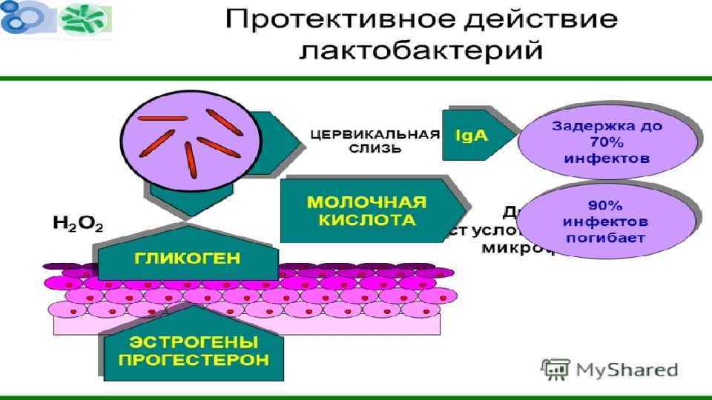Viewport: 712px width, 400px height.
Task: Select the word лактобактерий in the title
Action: click(421, 52)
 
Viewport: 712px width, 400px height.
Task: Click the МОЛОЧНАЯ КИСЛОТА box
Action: click(366, 211)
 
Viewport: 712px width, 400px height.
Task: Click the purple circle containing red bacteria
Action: click(184, 137)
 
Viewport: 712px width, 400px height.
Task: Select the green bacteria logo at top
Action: click(85, 20)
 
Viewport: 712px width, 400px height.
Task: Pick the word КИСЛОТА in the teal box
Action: click(366, 221)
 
